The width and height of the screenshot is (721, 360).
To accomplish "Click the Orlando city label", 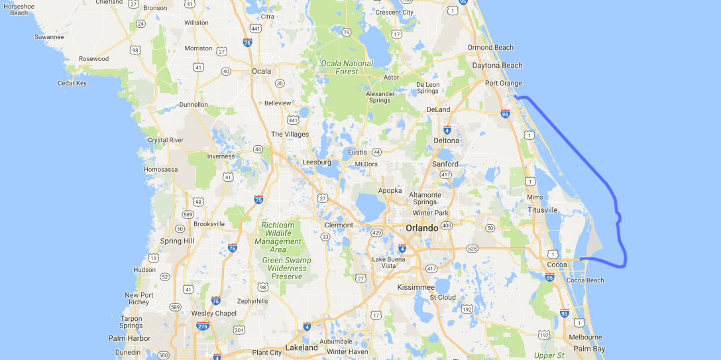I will tap(421, 228).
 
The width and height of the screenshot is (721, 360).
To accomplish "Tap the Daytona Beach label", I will tap(497, 66).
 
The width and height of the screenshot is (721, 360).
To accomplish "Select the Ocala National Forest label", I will tap(347, 68).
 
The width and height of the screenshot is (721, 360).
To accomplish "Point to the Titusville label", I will tap(542, 210).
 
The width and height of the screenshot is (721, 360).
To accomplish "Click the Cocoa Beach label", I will tap(585, 280).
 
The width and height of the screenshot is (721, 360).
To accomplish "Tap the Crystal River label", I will tap(166, 140).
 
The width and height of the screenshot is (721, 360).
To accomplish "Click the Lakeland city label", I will tap(302, 347).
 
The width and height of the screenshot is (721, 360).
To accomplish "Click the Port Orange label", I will tap(503, 84).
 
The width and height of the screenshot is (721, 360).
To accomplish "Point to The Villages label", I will tap(290, 134).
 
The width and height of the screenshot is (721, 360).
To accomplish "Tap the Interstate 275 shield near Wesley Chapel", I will tap(203, 326).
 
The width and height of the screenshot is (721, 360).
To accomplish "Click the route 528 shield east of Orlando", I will tap(472, 249).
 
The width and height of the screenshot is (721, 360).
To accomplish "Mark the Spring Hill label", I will tap(177, 241).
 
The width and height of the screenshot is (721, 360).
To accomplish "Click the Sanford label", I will tap(445, 164).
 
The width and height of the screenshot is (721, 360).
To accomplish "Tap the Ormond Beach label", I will tap(490, 48).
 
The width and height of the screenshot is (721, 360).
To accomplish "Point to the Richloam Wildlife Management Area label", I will tap(278, 237).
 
